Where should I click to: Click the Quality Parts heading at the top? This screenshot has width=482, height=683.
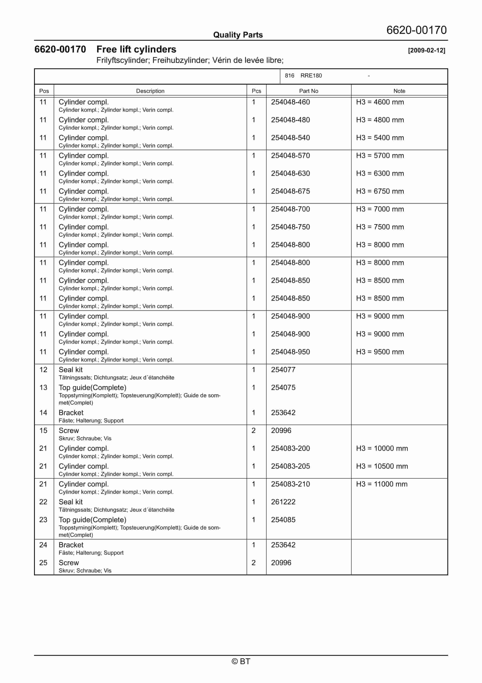coord(238,35)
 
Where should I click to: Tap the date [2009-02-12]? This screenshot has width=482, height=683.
coord(427,50)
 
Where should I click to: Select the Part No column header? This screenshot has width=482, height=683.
coord(308,91)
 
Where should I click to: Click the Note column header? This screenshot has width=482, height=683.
coord(399,91)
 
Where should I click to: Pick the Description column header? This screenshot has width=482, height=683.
coord(150,91)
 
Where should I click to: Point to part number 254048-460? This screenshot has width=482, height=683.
coord(290,102)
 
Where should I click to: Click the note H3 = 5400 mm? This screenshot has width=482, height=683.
coord(380,138)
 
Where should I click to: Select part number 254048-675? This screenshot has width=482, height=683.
coord(290,191)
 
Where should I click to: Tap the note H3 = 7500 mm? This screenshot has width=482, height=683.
coord(380,227)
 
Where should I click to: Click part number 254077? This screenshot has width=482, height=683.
coord(283,370)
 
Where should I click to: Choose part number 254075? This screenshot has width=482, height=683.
coord(283,388)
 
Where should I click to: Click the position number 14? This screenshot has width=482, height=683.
coord(43,413)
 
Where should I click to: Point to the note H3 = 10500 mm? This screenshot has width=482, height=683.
coord(382,466)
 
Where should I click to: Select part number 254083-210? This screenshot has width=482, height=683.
coord(290,484)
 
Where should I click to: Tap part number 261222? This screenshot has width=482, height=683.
coord(283,502)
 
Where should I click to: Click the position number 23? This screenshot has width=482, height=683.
coord(43,520)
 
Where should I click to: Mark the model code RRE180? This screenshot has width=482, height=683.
coord(311,76)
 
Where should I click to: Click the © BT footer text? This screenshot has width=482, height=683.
coord(241,661)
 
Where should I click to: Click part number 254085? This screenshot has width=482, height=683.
coord(283,520)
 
